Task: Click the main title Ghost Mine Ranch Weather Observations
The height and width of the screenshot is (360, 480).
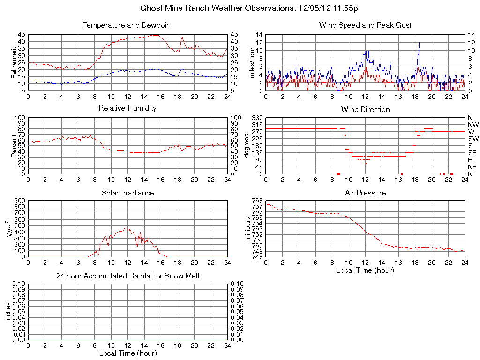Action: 249,8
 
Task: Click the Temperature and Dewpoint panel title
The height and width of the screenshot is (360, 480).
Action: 127,25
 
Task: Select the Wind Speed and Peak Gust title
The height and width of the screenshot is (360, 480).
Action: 365,25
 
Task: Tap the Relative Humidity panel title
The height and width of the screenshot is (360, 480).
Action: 127,108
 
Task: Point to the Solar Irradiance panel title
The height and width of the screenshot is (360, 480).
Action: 127,193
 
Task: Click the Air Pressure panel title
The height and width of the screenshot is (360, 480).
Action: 365,193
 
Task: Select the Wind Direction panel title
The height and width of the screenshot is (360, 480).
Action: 365,109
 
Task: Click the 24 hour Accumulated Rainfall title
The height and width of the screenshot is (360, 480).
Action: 127,276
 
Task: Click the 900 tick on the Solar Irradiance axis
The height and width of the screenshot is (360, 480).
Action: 20,201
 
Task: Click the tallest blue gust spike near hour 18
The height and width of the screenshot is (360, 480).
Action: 419,43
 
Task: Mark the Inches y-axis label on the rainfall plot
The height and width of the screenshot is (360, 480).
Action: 8,312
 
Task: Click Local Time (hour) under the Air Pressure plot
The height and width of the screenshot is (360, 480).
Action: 365,270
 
